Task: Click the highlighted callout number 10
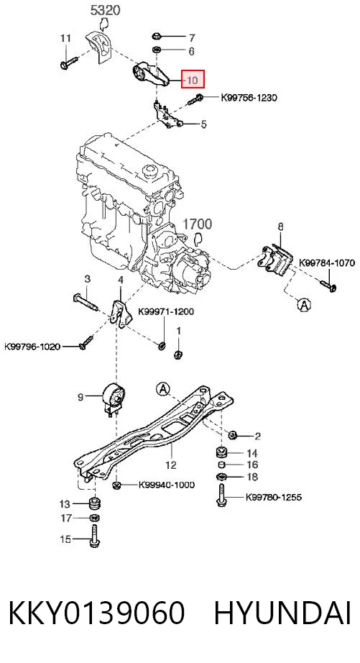(x=193, y=80)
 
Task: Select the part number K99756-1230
(x=249, y=98)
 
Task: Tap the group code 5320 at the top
(x=105, y=10)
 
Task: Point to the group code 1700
(x=198, y=224)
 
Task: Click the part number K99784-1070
(x=327, y=262)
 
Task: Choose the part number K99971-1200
(x=166, y=311)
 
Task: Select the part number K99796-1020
(x=32, y=347)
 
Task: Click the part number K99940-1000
(x=167, y=485)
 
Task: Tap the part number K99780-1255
(x=274, y=497)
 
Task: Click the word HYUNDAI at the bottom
(x=282, y=613)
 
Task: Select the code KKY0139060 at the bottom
(x=96, y=613)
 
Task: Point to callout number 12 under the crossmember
(x=171, y=465)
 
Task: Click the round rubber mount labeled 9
(x=114, y=398)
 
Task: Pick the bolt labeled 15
(x=94, y=536)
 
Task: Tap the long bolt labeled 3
(x=86, y=302)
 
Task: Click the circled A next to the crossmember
(x=162, y=388)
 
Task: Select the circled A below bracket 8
(x=303, y=304)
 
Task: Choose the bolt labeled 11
(x=69, y=63)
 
